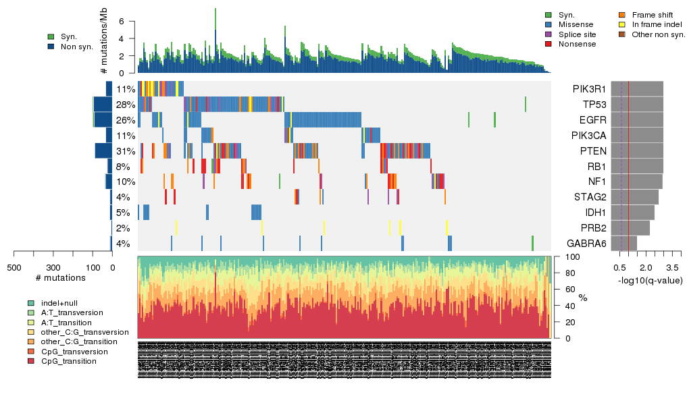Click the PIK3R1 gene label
[589, 89]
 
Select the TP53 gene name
[593, 105]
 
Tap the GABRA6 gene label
[586, 244]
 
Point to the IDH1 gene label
[594, 213]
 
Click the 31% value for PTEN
[126, 151]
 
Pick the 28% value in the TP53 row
[126, 105]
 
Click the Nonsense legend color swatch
[548, 44]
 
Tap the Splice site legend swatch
[548, 34]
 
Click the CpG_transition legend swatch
[32, 361]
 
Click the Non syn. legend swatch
[51, 47]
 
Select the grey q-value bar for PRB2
[630, 228]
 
